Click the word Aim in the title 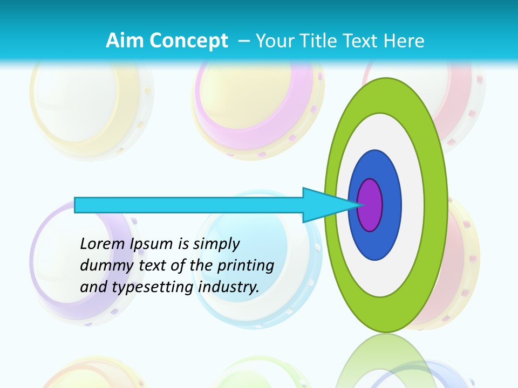(x=125, y=40)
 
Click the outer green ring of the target (x=436, y=205)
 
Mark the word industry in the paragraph (x=229, y=287)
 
